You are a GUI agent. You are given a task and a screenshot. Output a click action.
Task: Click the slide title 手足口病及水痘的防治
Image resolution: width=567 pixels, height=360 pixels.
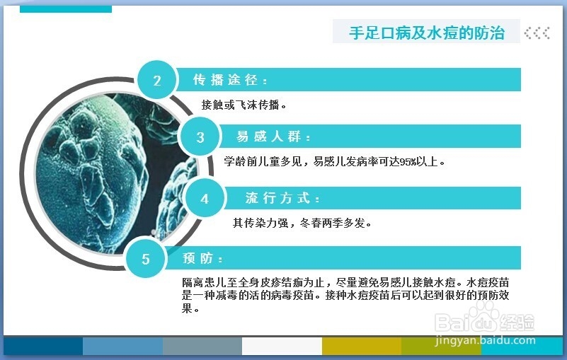[x=427, y=33]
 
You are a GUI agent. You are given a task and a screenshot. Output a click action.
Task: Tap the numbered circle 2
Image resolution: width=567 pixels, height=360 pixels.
[x=156, y=80]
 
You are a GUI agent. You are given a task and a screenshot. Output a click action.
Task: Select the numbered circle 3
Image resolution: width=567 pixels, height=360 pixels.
[x=200, y=137]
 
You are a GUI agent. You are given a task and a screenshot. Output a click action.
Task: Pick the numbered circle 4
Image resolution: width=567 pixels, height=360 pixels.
[x=205, y=198]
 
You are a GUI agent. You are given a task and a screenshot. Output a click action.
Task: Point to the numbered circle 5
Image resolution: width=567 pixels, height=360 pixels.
[x=145, y=258]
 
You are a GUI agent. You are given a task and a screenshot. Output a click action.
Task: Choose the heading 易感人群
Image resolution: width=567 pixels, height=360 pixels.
[x=273, y=137]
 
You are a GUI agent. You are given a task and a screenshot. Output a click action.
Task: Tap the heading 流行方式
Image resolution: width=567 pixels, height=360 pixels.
[x=282, y=198]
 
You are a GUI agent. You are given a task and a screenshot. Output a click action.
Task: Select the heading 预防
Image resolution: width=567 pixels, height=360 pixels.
[x=202, y=258]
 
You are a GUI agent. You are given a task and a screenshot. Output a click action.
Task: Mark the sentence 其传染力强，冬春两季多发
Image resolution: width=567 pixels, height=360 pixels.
[x=299, y=223]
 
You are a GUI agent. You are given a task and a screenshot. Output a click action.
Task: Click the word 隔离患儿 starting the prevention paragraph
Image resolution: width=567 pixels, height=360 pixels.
[x=205, y=282]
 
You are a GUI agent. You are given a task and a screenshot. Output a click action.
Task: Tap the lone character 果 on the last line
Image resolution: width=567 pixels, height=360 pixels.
[x=187, y=308]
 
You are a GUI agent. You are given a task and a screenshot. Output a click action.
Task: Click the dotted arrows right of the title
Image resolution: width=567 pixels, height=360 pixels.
[x=537, y=33]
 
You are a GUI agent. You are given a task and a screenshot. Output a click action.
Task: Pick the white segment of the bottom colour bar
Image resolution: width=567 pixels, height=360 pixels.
[x=282, y=346]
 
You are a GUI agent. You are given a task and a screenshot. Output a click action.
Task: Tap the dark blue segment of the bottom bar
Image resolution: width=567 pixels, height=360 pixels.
[x=43, y=346]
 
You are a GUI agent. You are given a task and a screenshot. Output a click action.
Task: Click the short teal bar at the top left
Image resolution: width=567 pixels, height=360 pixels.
[x=66, y=9]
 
